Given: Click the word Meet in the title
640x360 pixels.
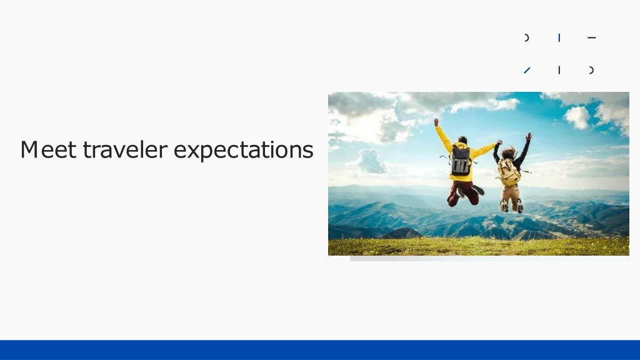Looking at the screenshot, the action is (48, 149).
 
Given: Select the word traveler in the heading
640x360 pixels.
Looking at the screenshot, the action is (125, 149).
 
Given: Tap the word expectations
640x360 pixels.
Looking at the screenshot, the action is (244, 150).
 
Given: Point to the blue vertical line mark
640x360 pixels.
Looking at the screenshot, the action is (559, 38).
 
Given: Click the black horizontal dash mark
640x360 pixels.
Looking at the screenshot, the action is (591, 37).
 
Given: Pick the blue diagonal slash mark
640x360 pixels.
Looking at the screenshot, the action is (527, 71).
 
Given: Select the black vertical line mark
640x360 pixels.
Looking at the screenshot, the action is (559, 70).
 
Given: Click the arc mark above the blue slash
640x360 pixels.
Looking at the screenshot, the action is (527, 38).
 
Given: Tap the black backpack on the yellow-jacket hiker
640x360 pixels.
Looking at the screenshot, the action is (461, 161).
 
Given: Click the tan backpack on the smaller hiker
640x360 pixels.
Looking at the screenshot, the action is (509, 172).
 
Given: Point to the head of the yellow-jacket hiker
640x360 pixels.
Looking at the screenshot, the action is (462, 141).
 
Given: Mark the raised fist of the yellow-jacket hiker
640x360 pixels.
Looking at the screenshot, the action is (436, 122).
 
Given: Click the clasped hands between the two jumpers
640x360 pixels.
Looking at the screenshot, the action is (498, 143).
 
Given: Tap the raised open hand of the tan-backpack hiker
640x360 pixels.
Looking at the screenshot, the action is (529, 136).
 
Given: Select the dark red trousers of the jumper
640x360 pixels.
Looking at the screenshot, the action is (463, 192).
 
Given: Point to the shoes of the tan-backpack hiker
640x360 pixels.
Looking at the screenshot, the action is (512, 206).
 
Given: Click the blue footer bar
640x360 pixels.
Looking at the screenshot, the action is (320, 350).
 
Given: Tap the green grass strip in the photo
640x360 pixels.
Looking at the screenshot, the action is (478, 246).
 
